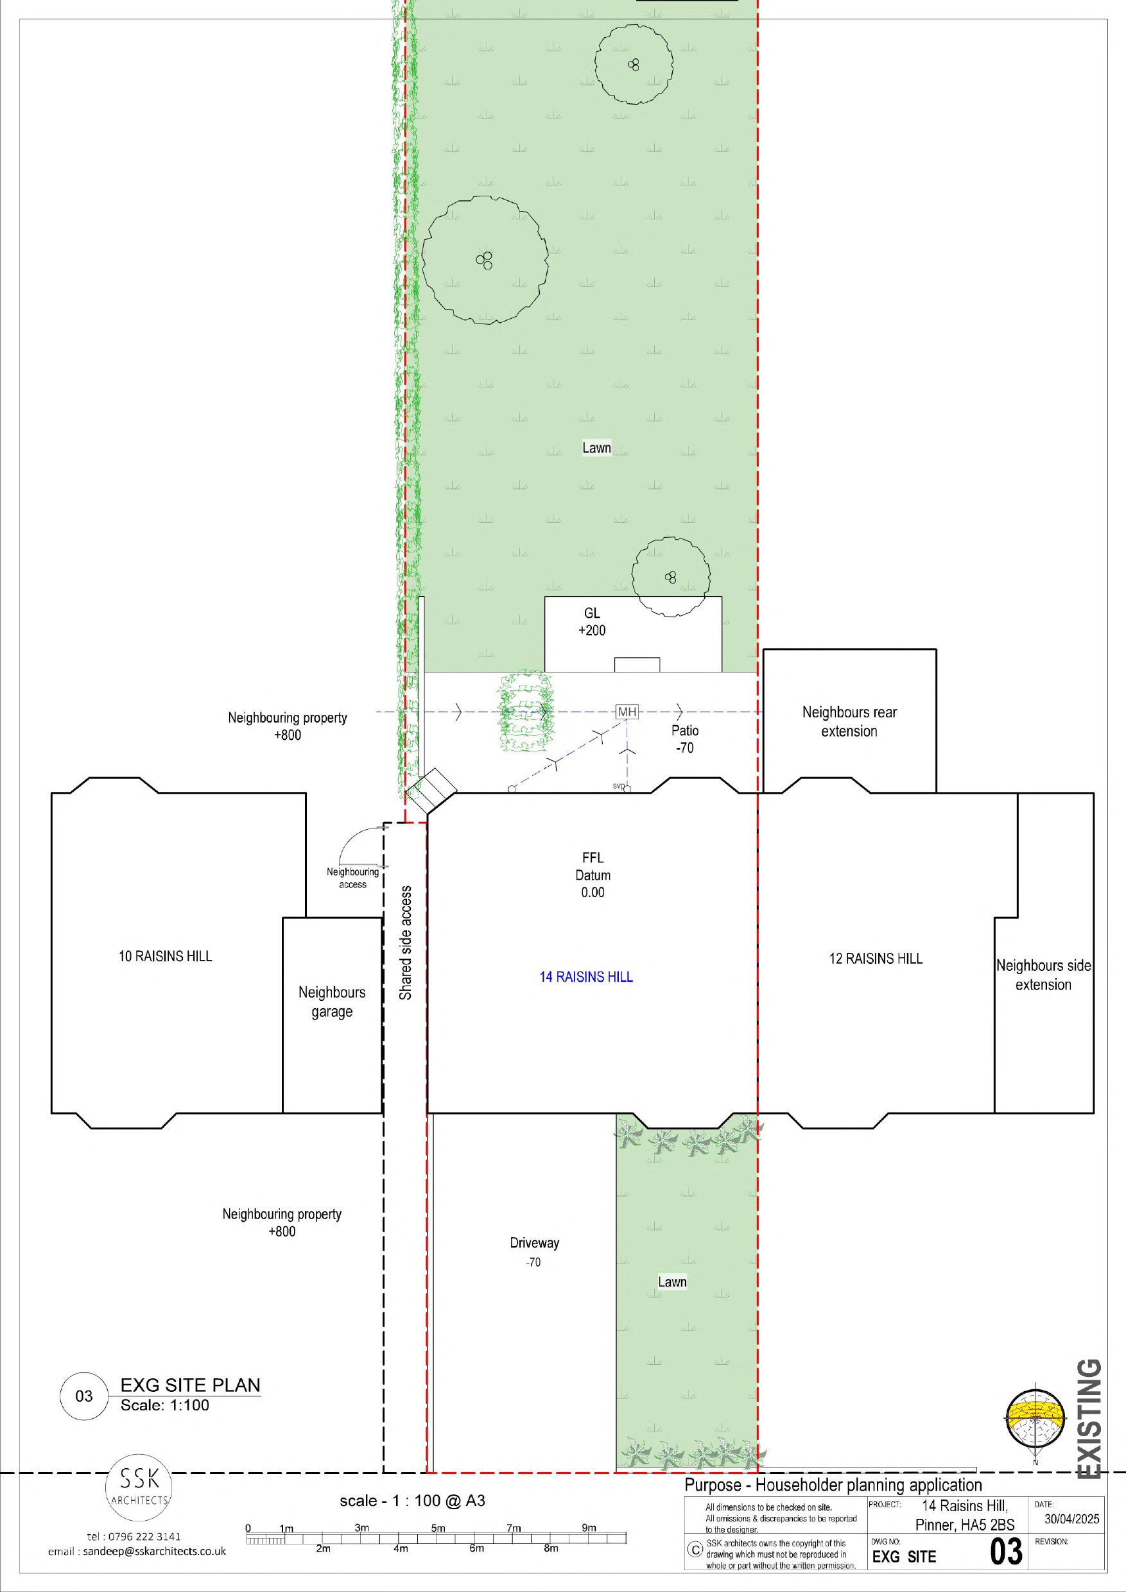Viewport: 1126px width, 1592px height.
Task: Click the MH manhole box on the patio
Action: (627, 712)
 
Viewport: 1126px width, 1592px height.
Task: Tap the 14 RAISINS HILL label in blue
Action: (586, 977)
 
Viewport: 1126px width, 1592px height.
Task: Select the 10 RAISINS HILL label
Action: (165, 956)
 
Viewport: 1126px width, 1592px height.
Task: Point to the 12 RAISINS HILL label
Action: (876, 958)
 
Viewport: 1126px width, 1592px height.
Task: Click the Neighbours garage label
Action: (332, 1002)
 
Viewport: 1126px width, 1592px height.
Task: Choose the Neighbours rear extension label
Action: (849, 722)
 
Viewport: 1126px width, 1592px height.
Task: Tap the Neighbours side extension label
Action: (1043, 975)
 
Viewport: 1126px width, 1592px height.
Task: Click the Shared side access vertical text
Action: (406, 943)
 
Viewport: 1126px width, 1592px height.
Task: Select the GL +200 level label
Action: (592, 622)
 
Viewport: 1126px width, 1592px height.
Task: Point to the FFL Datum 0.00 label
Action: (593, 875)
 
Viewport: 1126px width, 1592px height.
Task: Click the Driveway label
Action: (534, 1243)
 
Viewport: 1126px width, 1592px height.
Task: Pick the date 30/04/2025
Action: (1072, 1518)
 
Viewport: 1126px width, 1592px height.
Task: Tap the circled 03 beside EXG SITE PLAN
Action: (84, 1395)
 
